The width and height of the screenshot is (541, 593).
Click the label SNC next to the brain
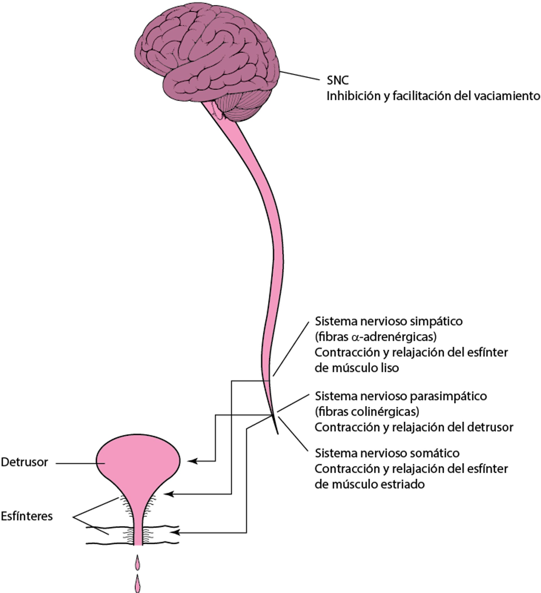(338, 80)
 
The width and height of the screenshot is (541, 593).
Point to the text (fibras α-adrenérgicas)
(376, 337)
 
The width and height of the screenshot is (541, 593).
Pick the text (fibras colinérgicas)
(367, 412)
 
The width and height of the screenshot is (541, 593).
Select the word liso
(389, 368)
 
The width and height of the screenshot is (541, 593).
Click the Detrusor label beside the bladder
(25, 462)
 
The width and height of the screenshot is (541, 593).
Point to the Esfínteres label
(27, 516)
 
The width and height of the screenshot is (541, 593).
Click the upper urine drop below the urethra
(137, 563)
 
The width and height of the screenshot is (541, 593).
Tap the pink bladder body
(138, 459)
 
